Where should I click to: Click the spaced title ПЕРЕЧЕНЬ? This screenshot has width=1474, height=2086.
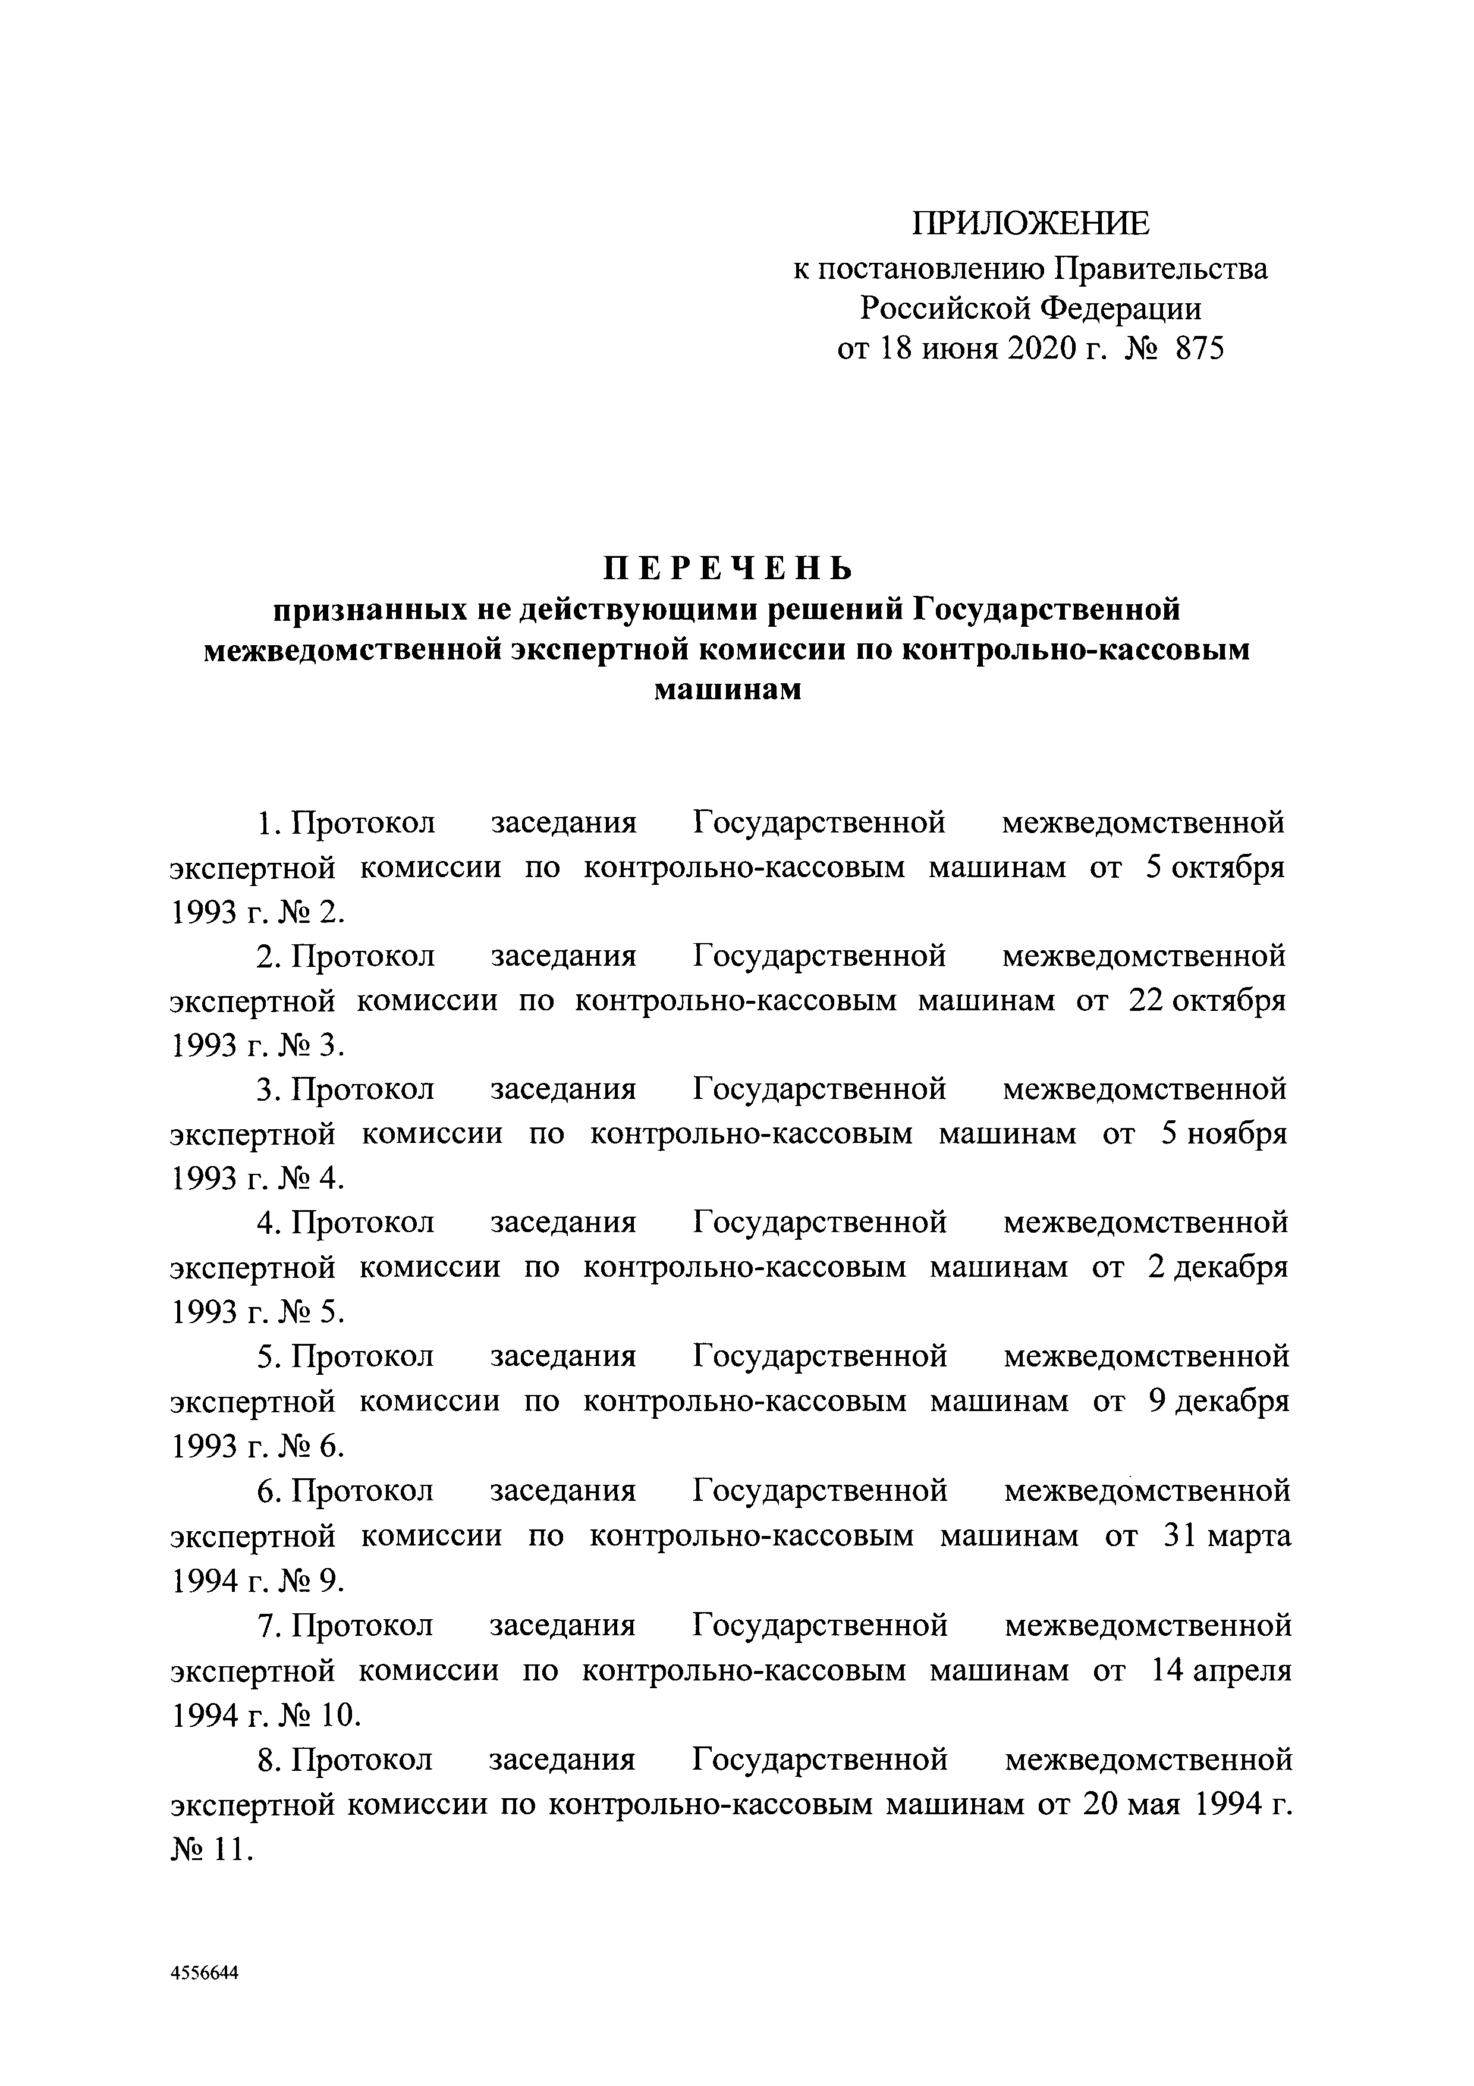pos(730,568)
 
